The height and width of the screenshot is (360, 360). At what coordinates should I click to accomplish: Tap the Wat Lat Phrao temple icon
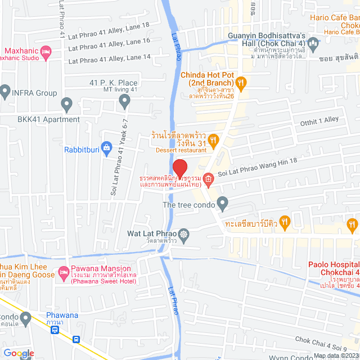click(x=184, y=233)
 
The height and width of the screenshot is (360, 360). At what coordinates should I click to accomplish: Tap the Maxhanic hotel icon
click(x=46, y=53)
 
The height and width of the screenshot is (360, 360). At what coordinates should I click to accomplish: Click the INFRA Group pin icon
click(x=5, y=91)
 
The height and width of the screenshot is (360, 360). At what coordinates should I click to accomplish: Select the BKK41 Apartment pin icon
click(x=67, y=103)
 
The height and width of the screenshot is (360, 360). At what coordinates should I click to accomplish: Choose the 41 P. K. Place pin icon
click(x=125, y=100)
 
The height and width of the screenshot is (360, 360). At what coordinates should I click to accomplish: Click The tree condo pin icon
click(x=223, y=202)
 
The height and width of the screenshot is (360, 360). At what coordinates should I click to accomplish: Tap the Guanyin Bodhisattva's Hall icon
click(x=314, y=42)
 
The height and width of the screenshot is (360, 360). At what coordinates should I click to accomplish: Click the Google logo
click(x=18, y=353)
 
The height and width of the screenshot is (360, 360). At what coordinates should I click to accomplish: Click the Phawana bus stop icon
click(x=55, y=330)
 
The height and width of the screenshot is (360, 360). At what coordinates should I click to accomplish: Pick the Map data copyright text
click(x=336, y=355)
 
